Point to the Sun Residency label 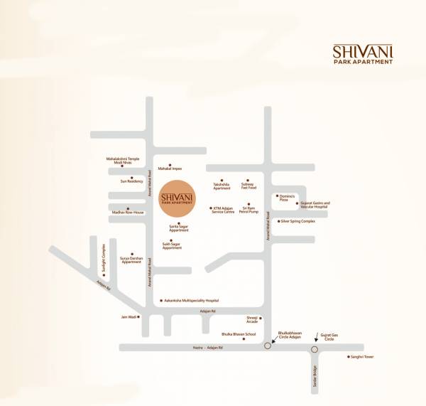(x=132, y=181)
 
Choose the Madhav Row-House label (x=128, y=212)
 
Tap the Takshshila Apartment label (x=222, y=186)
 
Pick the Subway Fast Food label (x=248, y=186)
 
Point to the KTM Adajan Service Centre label (x=224, y=210)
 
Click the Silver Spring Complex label (x=297, y=221)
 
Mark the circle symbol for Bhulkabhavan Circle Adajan (x=267, y=346)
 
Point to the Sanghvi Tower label (x=360, y=356)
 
